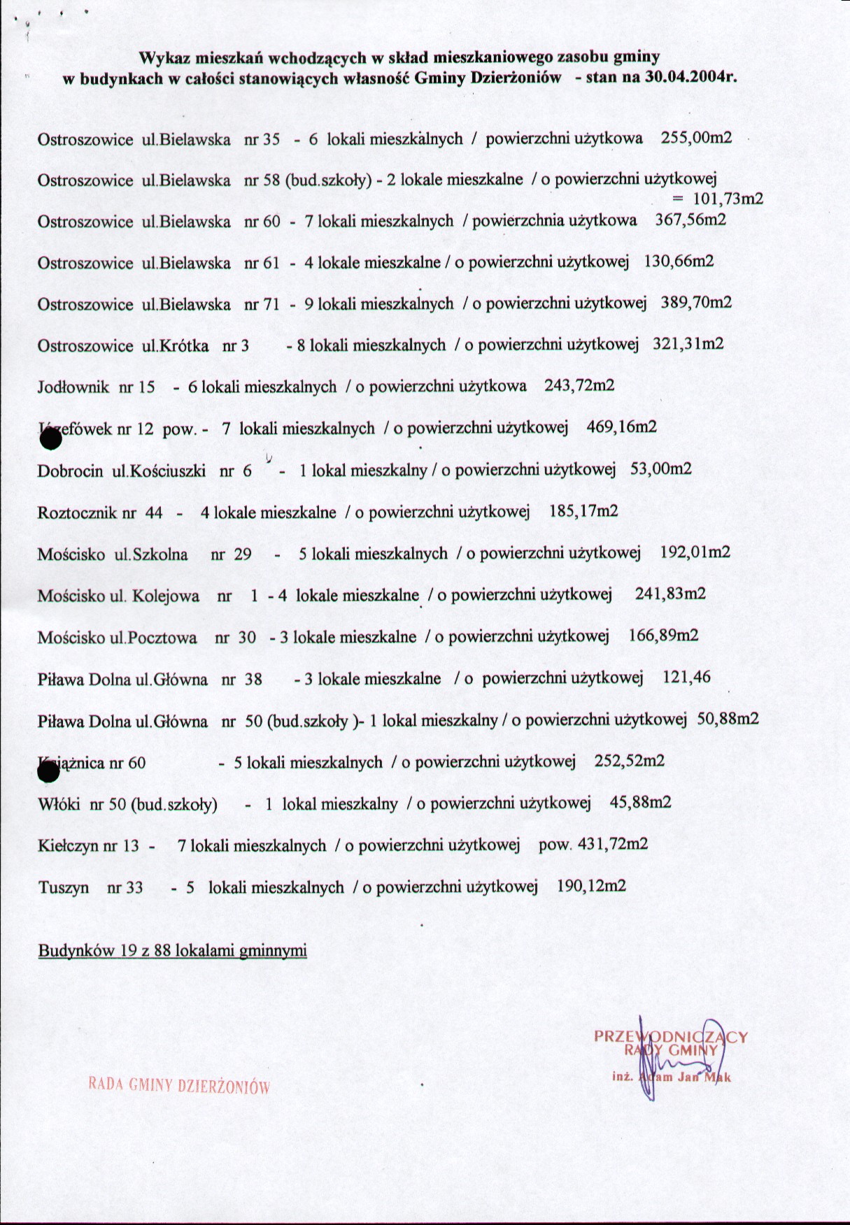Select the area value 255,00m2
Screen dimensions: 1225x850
[696, 138]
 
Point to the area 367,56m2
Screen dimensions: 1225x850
[690, 220]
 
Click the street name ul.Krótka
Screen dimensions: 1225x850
[175, 345]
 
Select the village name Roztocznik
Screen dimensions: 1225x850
[77, 513]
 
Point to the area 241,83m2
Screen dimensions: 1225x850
[670, 594]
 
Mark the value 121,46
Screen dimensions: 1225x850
[686, 677]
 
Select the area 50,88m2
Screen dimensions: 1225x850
[728, 719]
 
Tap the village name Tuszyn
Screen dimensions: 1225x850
[63, 888]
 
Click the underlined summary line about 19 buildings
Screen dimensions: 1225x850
[172, 951]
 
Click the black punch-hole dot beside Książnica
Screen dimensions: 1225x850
[48, 771]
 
